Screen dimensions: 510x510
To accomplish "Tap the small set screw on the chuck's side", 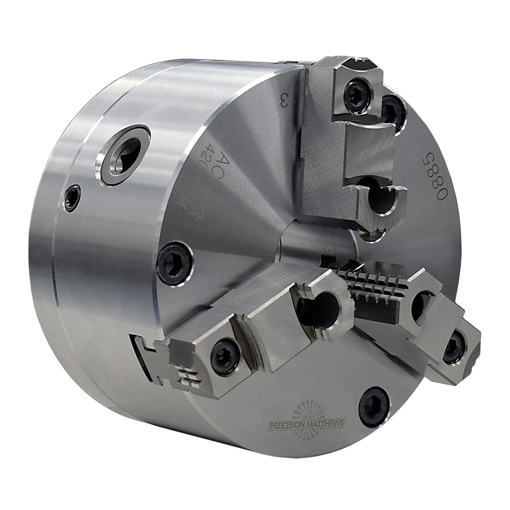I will pos(71,198).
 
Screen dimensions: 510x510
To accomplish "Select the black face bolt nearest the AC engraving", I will pos(174,262).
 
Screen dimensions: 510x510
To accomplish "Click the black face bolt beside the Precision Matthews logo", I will pos(374,406).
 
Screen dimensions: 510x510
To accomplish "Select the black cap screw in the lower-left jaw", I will pos(225,356).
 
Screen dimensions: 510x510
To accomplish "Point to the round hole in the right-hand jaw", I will pos(420,305).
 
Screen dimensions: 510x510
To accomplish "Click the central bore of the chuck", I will pos(319,239).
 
